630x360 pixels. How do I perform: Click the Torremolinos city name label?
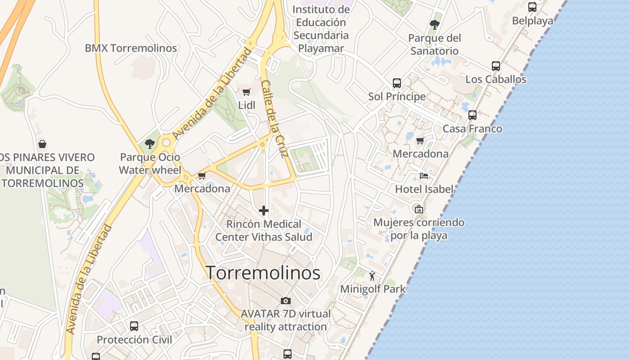tap(263, 273)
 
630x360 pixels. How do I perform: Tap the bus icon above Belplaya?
tap(532, 7)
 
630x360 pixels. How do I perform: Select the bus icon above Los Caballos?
tap(496, 66)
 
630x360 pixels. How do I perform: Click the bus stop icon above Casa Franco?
tap(472, 115)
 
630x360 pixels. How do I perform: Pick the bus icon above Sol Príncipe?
tap(396, 83)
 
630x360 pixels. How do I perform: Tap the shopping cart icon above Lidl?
tap(247, 92)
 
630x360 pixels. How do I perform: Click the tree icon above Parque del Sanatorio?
tap(434, 25)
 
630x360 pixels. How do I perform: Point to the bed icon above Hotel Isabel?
tap(424, 175)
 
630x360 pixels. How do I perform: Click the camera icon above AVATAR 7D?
tap(285, 301)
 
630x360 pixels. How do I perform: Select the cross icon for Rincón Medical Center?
tap(264, 210)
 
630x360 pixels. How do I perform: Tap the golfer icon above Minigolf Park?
tap(372, 275)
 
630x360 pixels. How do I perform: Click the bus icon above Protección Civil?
tap(134, 326)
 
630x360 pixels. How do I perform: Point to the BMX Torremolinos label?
tap(131, 48)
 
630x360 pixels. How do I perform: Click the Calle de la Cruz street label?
tap(274, 119)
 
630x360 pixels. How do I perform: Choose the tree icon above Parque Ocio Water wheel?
tap(150, 144)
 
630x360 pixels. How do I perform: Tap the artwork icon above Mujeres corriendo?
tap(419, 209)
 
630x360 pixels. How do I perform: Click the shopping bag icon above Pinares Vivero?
tap(42, 144)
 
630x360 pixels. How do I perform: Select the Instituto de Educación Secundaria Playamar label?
tap(321, 29)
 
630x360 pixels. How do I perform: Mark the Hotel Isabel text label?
tap(424, 189)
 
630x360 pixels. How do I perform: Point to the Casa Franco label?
tap(472, 129)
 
